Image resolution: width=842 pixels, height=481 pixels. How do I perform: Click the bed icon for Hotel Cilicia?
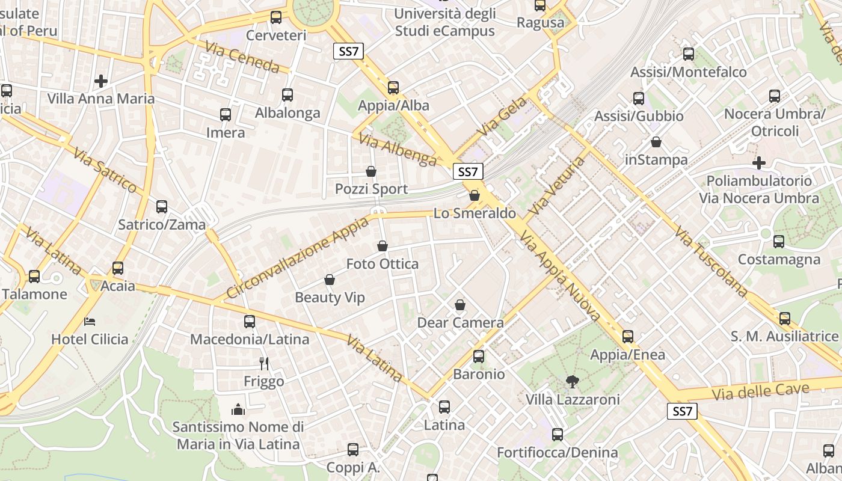(90, 321)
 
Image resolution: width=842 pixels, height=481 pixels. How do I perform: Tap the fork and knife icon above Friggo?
(263, 363)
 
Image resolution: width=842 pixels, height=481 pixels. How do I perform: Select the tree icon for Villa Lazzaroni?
(572, 381)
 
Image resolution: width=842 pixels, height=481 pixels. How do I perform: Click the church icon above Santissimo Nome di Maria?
(238, 409)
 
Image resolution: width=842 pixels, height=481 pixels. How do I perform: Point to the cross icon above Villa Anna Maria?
(100, 81)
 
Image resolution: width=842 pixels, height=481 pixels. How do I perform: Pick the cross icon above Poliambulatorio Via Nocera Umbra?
(759, 163)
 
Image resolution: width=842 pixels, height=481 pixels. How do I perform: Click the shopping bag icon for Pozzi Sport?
(371, 171)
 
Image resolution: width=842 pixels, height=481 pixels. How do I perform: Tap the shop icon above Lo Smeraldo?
(474, 195)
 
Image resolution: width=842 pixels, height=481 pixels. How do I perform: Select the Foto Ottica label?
(383, 263)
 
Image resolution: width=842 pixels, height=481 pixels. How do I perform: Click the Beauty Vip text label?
(330, 298)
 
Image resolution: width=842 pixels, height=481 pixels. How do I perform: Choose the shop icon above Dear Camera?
(460, 305)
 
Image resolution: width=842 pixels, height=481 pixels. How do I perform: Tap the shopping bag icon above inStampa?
(656, 142)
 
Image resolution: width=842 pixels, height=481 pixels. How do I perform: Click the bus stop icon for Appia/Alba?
(393, 88)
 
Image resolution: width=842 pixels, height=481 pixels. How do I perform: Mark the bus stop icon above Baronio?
(479, 356)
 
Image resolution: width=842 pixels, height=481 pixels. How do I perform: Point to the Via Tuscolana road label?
(710, 261)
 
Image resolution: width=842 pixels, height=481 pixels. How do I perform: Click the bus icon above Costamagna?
(779, 242)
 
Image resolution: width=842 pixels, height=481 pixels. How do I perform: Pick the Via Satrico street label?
(105, 171)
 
